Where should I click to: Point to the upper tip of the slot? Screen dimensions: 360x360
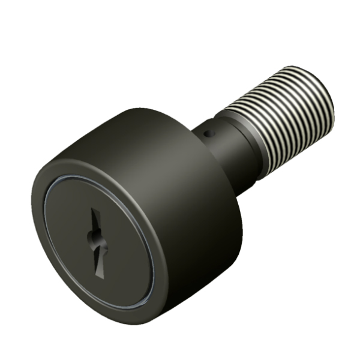coord(94,210)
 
